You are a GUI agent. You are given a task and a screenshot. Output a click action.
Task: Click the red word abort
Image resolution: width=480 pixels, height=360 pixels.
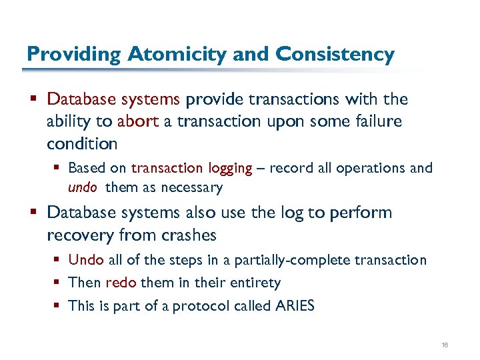pos(137,122)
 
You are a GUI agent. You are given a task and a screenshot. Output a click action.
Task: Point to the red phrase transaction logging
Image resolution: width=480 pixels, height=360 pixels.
pos(192,168)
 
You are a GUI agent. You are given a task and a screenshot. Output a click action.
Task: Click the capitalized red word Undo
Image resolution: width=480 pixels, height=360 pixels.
pos(85,260)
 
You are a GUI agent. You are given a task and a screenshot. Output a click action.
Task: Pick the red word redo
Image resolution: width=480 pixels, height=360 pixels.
pos(121,283)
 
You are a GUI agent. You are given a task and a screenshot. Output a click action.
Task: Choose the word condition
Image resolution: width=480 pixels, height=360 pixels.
pos(82,144)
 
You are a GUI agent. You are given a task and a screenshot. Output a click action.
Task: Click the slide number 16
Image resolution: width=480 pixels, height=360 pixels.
pos(445,345)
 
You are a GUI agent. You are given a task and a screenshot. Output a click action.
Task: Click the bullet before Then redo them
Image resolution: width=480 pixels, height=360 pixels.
pos(59,283)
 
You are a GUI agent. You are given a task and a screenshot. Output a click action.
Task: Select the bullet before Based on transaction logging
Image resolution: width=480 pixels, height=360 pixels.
pos(59,168)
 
